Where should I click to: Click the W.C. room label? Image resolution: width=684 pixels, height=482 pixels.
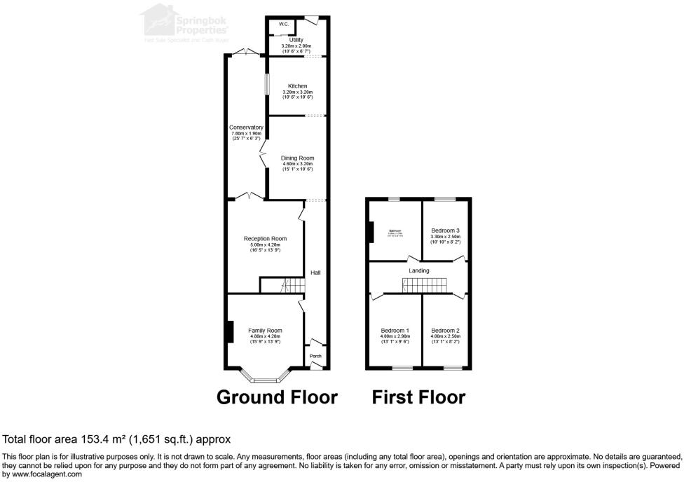[x=284, y=25]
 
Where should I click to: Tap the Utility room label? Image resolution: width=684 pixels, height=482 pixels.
[x=296, y=40]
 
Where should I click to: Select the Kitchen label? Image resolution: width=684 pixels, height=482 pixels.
[x=297, y=86]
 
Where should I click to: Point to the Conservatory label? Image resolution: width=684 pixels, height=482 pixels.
[x=246, y=128]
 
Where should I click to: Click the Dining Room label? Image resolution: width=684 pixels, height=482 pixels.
[x=297, y=158]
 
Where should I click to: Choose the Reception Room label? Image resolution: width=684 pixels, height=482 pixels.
[x=265, y=239]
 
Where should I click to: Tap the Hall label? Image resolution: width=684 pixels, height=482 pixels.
[x=315, y=273]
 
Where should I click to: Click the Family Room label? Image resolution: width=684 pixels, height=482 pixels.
[x=265, y=331]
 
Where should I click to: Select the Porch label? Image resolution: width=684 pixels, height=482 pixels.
[x=315, y=356]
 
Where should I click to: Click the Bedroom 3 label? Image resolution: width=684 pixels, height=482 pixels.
[x=445, y=230]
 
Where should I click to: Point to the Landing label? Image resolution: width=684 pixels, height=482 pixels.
[x=419, y=270]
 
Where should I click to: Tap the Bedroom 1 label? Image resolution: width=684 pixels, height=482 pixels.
[x=395, y=331]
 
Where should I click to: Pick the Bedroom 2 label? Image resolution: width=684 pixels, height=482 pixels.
[x=445, y=331]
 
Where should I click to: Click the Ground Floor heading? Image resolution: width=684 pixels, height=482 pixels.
[x=277, y=397]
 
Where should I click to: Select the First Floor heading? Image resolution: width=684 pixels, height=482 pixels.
[x=418, y=397]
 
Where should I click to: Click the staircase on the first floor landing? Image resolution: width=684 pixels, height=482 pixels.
[x=424, y=284]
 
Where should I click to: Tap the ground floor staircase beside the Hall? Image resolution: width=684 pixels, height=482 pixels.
[x=294, y=285]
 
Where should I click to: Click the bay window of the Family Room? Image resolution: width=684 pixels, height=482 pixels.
[x=265, y=379]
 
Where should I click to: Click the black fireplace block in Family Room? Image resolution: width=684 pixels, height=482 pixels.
[x=229, y=331]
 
